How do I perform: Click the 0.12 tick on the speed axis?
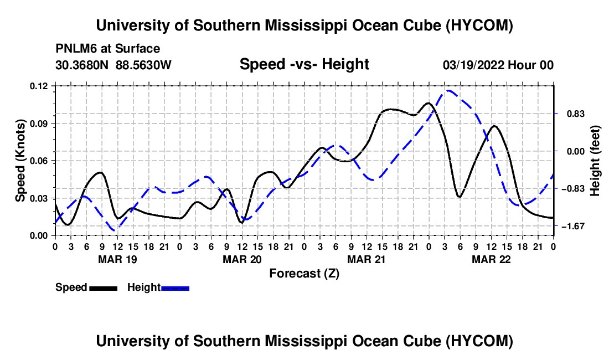(x=39, y=86)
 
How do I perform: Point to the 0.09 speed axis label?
(x=39, y=124)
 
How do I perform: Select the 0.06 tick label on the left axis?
(x=39, y=161)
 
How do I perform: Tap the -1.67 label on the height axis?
(x=573, y=226)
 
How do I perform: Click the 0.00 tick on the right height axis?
(x=575, y=151)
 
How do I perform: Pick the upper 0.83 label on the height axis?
(x=576, y=114)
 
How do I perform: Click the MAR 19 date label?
(x=118, y=259)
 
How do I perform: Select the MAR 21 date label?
(x=367, y=259)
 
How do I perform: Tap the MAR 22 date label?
(x=491, y=259)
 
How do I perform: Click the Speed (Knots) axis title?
(x=20, y=161)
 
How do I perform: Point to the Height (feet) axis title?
(x=595, y=161)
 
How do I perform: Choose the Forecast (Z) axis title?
(x=304, y=274)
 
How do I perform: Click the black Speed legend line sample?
(x=104, y=289)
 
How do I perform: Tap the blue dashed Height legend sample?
(x=175, y=289)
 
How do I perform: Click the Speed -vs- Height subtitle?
(x=304, y=64)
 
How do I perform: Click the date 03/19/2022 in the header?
(x=473, y=65)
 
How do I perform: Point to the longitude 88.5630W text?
(x=143, y=65)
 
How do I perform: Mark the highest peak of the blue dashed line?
(x=448, y=90)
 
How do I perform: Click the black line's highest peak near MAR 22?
(x=494, y=126)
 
